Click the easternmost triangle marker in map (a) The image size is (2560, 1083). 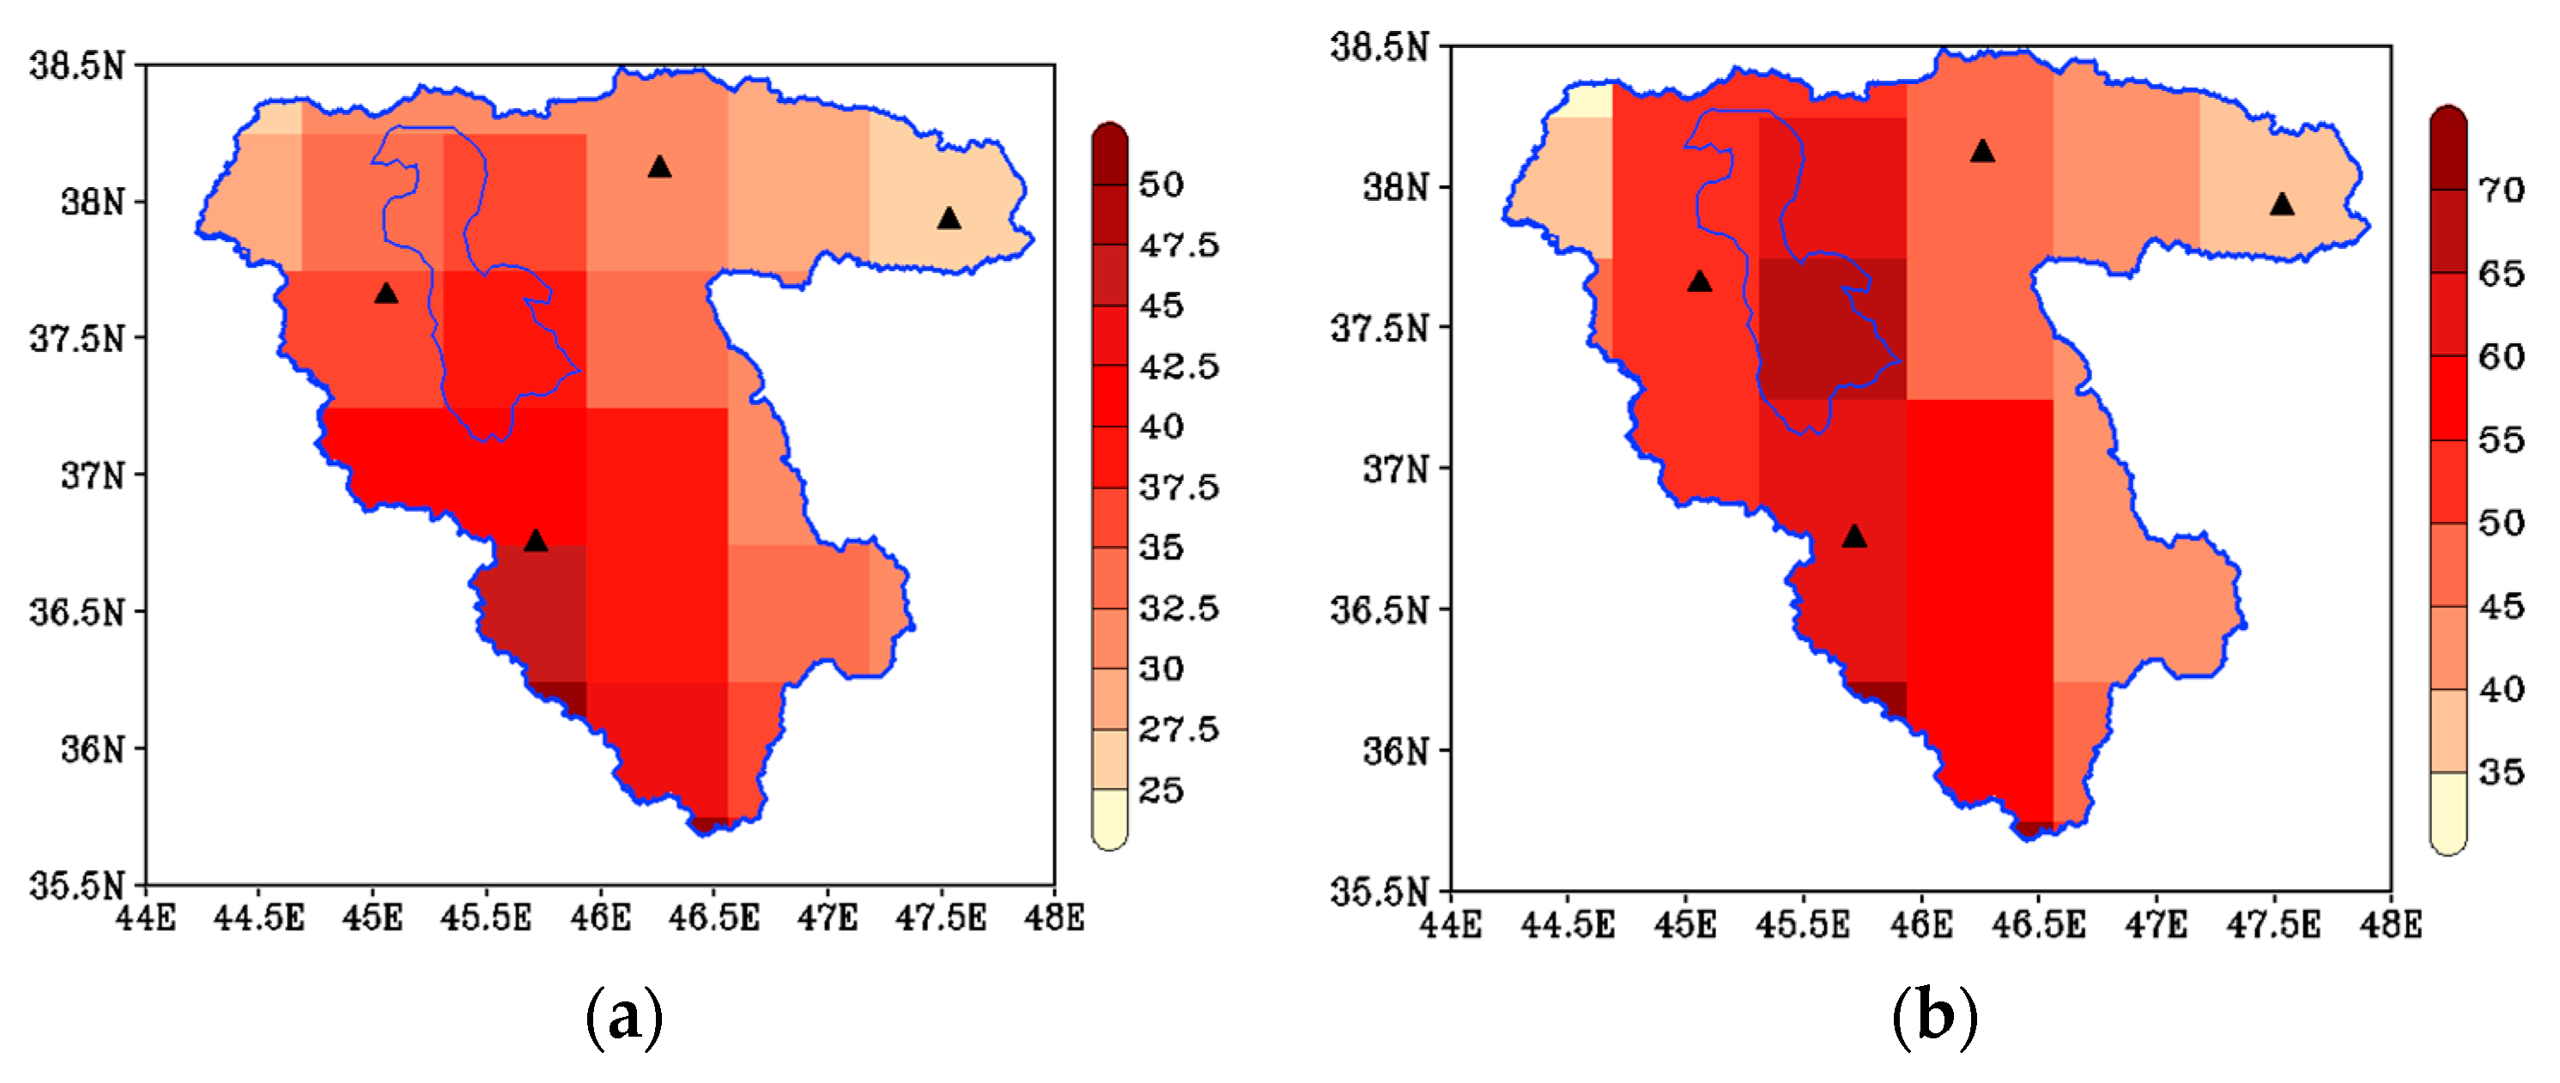pos(949,219)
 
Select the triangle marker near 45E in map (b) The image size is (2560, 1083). pos(1700,282)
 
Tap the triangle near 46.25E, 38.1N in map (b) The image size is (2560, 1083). pos(1982,151)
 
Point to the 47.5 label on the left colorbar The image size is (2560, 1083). pos(1179,245)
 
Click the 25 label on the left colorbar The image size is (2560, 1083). pos(1161,791)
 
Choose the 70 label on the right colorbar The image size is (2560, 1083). pos(2502,190)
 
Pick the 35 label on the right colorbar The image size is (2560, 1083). pos(2502,772)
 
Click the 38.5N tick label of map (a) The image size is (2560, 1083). pos(77,67)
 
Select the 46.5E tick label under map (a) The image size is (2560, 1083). pos(713,918)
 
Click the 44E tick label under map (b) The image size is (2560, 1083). pos(1450,925)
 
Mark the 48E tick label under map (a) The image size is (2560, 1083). pos(1054,918)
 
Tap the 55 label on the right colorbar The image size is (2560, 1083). pos(2502,439)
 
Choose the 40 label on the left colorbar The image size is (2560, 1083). pos(1161,427)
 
